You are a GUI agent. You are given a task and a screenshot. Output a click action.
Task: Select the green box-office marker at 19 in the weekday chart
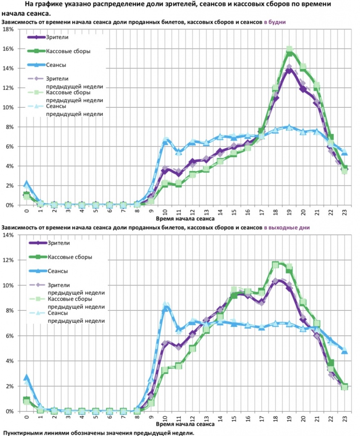(x=290, y=53)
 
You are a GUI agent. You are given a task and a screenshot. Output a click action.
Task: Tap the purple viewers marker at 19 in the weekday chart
(x=290, y=70)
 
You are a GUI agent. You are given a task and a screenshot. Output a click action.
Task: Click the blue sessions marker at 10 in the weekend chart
(x=166, y=308)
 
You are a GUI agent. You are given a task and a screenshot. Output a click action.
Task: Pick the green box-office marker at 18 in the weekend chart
(x=276, y=265)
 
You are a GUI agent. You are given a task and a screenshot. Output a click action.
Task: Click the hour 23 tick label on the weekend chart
(x=345, y=419)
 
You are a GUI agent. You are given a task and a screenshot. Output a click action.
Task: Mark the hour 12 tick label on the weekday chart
(x=193, y=212)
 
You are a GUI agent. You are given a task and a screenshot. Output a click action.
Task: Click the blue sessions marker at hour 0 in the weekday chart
(x=26, y=184)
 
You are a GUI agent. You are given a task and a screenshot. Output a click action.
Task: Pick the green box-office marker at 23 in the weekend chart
(x=345, y=387)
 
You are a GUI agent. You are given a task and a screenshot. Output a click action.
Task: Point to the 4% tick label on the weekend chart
(x=9, y=361)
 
